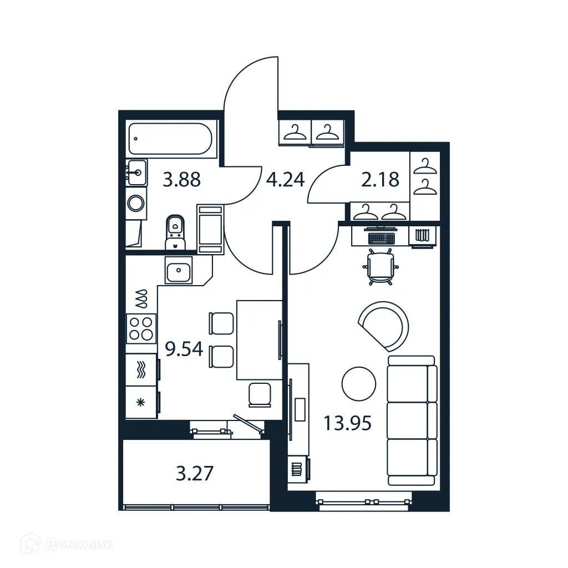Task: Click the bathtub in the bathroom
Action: [x=169, y=139]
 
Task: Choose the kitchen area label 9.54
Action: [x=184, y=350]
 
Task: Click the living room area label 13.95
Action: [x=347, y=424]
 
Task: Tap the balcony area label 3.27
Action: [x=194, y=474]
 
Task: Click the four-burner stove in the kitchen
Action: [x=140, y=328]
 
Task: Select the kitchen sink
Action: [x=179, y=271]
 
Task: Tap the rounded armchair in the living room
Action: [x=384, y=325]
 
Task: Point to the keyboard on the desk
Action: [x=381, y=238]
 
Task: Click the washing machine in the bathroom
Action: [x=135, y=204]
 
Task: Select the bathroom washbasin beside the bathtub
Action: [x=136, y=173]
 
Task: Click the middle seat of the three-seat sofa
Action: [x=412, y=420]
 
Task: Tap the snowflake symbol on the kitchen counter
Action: [x=140, y=402]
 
